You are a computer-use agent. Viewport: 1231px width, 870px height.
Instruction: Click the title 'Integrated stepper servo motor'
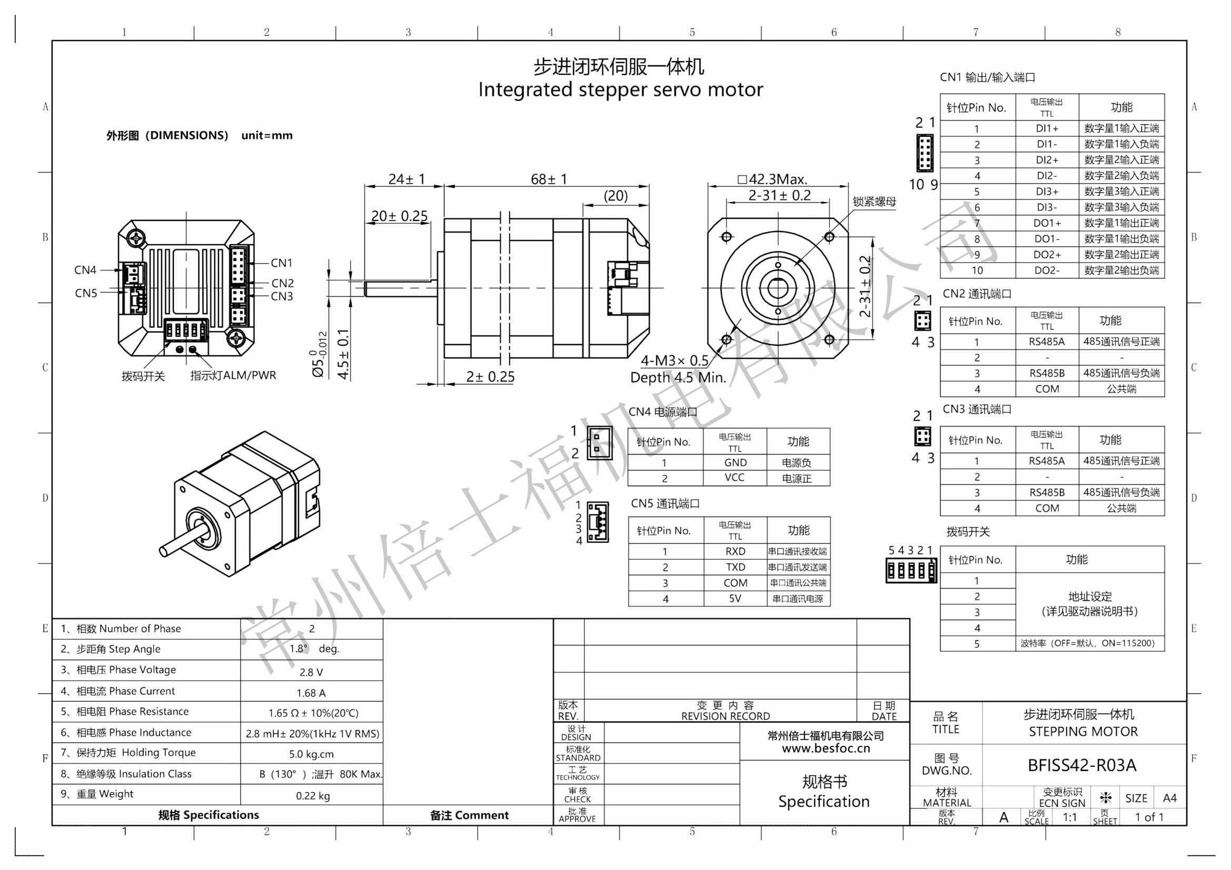(x=620, y=89)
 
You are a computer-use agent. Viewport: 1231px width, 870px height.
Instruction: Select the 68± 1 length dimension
(x=549, y=178)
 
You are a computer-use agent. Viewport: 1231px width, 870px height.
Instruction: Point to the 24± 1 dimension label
(x=406, y=178)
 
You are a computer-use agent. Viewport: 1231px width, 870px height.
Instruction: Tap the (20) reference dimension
(x=615, y=196)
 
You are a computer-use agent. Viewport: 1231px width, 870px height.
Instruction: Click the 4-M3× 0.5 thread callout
(x=674, y=360)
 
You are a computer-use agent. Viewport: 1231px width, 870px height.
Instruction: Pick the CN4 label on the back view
(x=85, y=270)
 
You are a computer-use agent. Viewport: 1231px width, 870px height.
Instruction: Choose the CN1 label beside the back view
(x=282, y=263)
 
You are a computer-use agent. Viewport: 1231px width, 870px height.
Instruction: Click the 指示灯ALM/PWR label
(x=233, y=375)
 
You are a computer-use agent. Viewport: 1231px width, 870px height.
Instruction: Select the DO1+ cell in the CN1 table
(x=1047, y=223)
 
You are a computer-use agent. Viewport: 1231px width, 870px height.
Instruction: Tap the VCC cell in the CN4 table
(x=734, y=477)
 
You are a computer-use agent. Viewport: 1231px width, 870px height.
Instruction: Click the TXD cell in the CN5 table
(x=735, y=567)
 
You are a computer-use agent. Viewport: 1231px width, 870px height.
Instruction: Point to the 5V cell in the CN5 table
(x=735, y=599)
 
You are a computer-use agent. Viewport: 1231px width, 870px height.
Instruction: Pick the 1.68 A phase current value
(x=311, y=693)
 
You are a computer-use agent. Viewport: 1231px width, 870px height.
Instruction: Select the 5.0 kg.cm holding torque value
(x=311, y=754)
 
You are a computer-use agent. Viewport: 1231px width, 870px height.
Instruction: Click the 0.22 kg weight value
(x=313, y=795)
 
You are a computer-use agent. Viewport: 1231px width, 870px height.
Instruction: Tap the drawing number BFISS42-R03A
(x=1081, y=765)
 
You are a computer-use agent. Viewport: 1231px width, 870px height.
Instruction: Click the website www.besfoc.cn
(x=826, y=748)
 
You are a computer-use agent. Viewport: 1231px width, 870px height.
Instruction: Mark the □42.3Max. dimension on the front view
(x=772, y=178)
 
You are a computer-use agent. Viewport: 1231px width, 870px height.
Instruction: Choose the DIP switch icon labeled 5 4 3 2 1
(x=911, y=571)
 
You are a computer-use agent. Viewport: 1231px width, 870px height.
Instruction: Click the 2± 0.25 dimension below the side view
(x=490, y=377)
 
